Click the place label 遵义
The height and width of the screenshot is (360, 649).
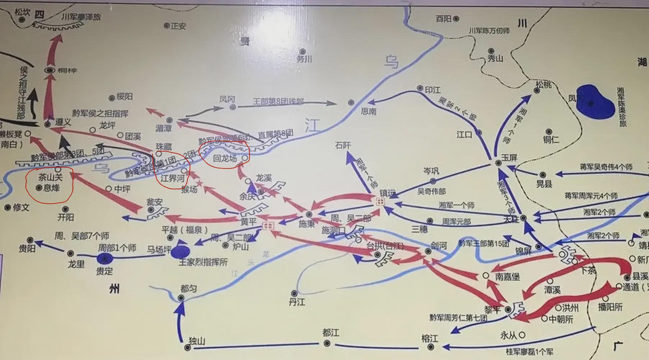pyautogui.click(x=63, y=122)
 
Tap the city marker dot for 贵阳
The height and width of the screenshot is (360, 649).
pyautogui.click(x=31, y=240)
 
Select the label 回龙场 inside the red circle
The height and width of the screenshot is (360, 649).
pyautogui.click(x=225, y=158)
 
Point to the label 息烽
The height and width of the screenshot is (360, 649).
pyautogui.click(x=51, y=188)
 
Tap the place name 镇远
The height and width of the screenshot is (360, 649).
pyautogui.click(x=388, y=193)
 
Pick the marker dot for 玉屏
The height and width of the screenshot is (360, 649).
pyautogui.click(x=498, y=163)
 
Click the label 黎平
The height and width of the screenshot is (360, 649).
pyautogui.click(x=492, y=310)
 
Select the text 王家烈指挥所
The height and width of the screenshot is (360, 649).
pyautogui.click(x=203, y=262)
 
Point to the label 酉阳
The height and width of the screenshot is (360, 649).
pyautogui.click(x=444, y=18)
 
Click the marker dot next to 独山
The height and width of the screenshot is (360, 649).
pyautogui.click(x=187, y=347)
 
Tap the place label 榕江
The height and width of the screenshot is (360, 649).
pyautogui.click(x=430, y=339)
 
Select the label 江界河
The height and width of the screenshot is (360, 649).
pyautogui.click(x=172, y=178)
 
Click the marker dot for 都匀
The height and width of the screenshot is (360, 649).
pyautogui.click(x=181, y=298)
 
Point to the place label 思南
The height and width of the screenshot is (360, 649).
pyautogui.click(x=368, y=112)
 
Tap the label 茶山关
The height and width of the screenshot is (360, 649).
pyautogui.click(x=50, y=177)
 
